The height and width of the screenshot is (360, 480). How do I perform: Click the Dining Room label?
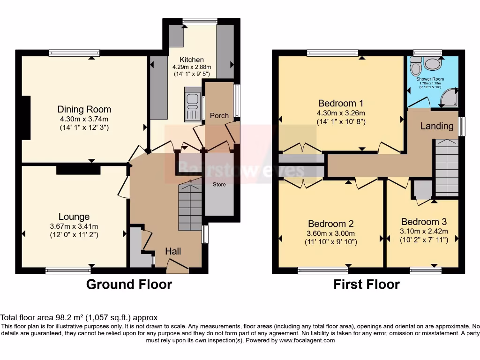click(x=84, y=109)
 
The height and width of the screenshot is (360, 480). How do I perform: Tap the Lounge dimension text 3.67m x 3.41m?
click(x=74, y=226)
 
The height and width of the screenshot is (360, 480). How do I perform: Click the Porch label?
click(x=219, y=115)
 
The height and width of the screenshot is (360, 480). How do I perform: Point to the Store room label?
click(x=219, y=184)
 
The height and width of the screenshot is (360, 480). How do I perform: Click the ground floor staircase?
click(x=190, y=206)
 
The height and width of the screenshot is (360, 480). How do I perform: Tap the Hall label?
click(x=173, y=252)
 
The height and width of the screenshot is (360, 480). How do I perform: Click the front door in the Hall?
click(x=178, y=268)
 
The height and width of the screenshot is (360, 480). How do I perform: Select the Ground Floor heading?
click(x=129, y=284)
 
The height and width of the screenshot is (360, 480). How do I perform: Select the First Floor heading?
click(x=367, y=284)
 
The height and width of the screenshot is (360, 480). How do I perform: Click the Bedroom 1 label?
click(x=341, y=103)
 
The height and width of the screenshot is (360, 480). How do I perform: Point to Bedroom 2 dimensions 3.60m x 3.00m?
click(x=331, y=233)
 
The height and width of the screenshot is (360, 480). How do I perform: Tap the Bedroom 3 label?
click(x=424, y=222)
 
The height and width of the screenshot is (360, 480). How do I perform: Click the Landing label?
click(x=436, y=126)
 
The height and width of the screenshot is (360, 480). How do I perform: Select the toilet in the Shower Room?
click(x=415, y=68)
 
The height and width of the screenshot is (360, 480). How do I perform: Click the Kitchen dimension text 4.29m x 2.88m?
click(x=192, y=67)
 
